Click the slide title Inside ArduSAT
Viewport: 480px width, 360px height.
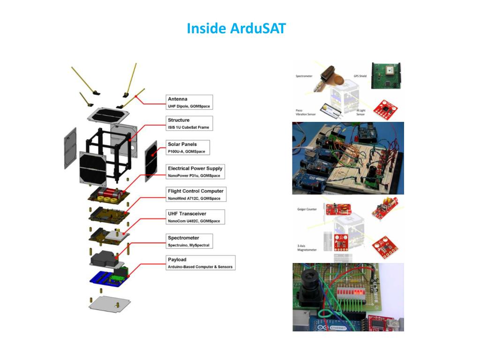(x=236, y=29)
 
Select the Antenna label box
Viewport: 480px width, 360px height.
(x=189, y=102)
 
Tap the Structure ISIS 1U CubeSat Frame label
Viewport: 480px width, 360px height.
(x=189, y=124)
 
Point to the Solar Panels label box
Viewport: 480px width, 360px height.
(x=187, y=148)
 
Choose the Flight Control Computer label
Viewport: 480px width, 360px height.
(x=196, y=195)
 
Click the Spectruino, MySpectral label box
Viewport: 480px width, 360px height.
(x=189, y=241)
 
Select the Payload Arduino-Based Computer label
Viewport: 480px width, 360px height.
(x=200, y=263)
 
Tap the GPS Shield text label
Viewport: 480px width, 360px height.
(x=360, y=76)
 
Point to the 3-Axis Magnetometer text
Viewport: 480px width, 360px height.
(x=307, y=247)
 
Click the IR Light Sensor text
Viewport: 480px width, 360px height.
(x=361, y=112)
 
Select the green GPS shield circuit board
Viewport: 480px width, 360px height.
(x=387, y=75)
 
